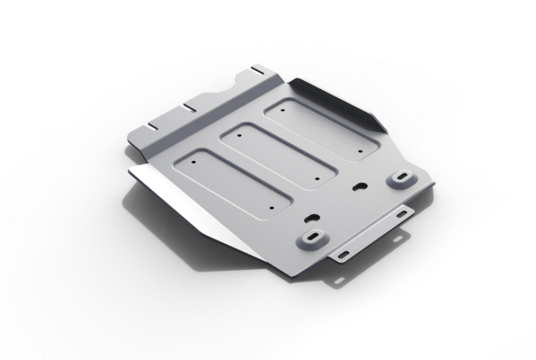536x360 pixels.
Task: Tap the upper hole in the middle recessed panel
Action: [239, 133]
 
